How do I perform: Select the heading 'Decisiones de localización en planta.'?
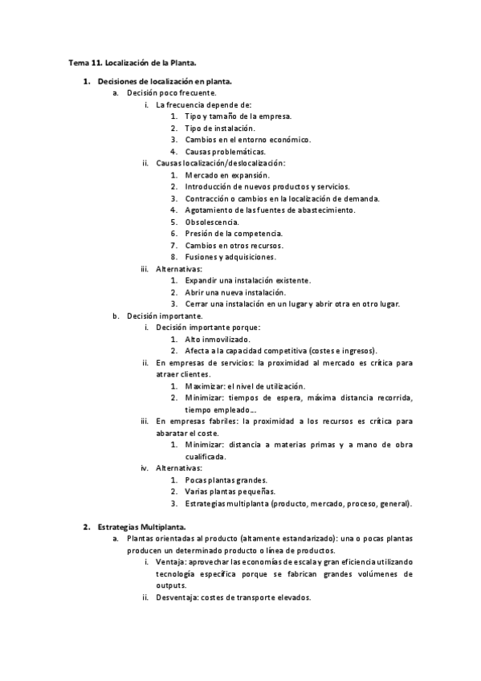point(165,82)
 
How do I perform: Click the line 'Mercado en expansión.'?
point(227,175)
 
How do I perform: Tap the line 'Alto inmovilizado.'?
point(217,339)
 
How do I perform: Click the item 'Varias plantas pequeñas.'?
point(230,491)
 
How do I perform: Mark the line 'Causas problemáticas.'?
point(225,152)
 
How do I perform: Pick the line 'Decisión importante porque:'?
point(208,328)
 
